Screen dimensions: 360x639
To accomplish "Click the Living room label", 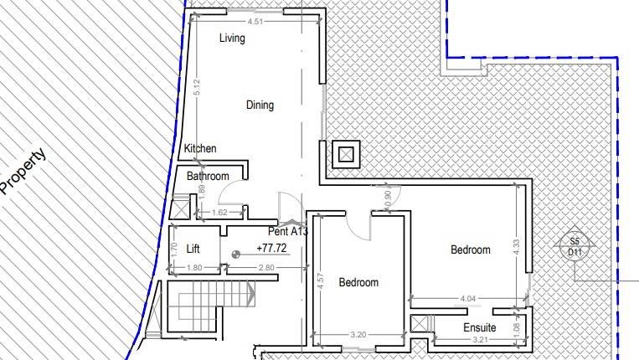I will point(232,39).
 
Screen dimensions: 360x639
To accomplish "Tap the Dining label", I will point(260,105).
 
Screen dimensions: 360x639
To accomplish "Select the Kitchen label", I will point(200,149).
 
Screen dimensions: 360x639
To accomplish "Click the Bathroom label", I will point(208,177).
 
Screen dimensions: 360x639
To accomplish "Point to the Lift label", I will point(193,249).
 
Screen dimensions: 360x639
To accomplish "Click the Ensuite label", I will point(480,327).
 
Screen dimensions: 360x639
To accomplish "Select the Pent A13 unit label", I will point(288,231).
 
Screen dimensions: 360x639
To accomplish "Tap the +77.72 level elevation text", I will point(271,249).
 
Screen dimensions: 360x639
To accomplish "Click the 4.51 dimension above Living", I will point(255,22).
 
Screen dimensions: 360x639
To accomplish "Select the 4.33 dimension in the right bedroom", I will point(516,248).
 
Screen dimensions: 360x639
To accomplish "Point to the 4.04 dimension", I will point(468,298).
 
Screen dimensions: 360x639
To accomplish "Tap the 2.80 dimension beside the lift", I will point(266,268).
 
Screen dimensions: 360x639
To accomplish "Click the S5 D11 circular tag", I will point(575,247).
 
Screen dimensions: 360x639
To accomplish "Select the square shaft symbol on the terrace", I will point(346,154).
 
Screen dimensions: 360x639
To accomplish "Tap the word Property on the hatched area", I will point(23,172).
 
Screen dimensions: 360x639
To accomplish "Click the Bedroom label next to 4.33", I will point(470,249).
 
